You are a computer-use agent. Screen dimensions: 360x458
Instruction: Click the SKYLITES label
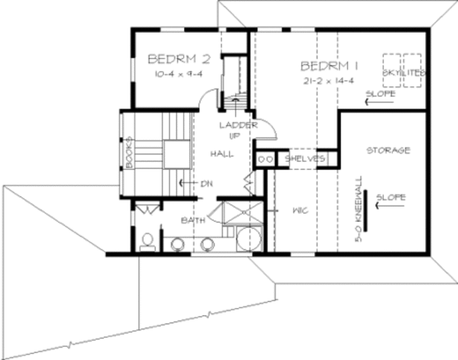point(404,72)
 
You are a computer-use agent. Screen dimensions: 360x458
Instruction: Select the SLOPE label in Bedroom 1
point(379,94)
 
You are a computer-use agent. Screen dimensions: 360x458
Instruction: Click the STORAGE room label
point(388,150)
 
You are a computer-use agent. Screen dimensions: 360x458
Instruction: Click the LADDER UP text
point(237,130)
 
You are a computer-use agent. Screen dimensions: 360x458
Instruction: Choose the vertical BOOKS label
point(130,152)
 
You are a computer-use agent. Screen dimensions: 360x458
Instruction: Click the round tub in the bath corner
point(248,241)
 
